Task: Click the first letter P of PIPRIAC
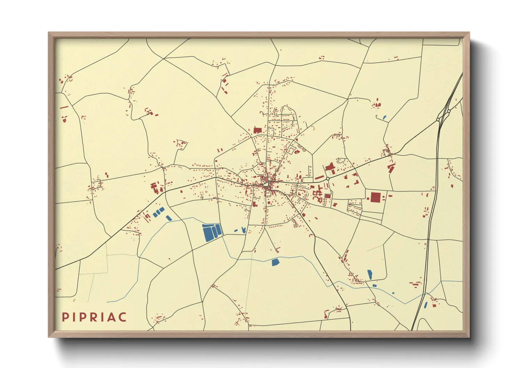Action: [x=65, y=317]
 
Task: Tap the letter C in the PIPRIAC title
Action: [x=122, y=317]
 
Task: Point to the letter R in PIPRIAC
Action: [x=92, y=317]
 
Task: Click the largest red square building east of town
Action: [x=375, y=197]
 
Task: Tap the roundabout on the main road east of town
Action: [x=327, y=178]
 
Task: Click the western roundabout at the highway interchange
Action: [x=438, y=119]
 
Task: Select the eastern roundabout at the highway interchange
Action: [x=449, y=111]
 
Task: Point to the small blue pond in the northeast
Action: [x=385, y=118]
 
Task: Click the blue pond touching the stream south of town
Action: [x=275, y=262]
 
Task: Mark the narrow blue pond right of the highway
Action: [x=426, y=305]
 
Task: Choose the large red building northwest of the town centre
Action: [x=257, y=130]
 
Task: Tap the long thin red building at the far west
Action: [x=64, y=107]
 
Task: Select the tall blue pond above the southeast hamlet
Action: [x=370, y=274]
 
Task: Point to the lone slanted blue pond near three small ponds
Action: [x=169, y=218]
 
